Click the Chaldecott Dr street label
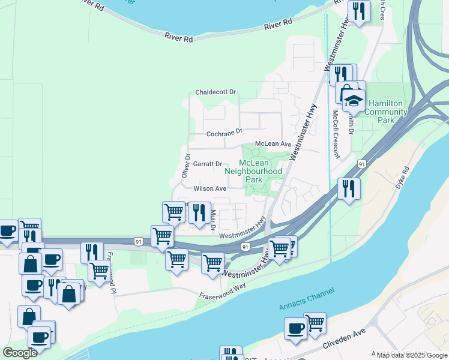click(216, 93)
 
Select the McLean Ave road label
click(273, 144)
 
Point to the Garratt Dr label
click(207, 164)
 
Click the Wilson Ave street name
click(209, 188)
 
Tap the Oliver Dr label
click(186, 164)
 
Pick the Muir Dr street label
click(212, 223)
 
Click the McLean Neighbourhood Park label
click(253, 171)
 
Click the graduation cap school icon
click(354, 100)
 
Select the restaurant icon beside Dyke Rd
click(349, 188)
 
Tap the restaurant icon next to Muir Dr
click(199, 212)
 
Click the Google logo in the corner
click(20, 353)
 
